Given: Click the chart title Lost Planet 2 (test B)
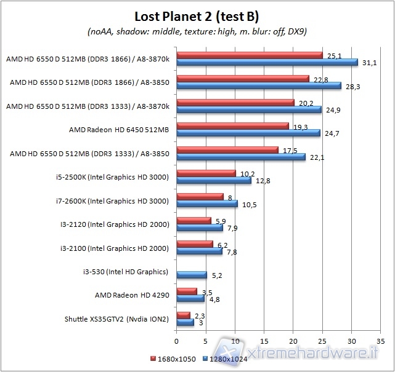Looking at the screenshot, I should coord(197,15).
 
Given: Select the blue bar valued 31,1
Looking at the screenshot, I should coord(267,62).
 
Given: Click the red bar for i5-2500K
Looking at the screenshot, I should coord(206,173).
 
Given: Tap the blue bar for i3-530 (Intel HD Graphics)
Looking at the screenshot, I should coord(192,275).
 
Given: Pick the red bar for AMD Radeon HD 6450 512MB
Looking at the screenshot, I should coord(232,125).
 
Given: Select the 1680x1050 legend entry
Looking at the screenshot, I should coord(173,358).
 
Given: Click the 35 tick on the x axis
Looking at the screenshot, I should coord(380,340).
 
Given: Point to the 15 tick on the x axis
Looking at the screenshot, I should coord(264,340).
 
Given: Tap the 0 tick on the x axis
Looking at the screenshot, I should coord(177,340).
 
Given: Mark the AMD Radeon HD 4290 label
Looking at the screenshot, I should coord(131,295).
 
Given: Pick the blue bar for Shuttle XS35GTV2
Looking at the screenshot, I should coord(185,322).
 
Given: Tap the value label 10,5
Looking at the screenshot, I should coord(249,205).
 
